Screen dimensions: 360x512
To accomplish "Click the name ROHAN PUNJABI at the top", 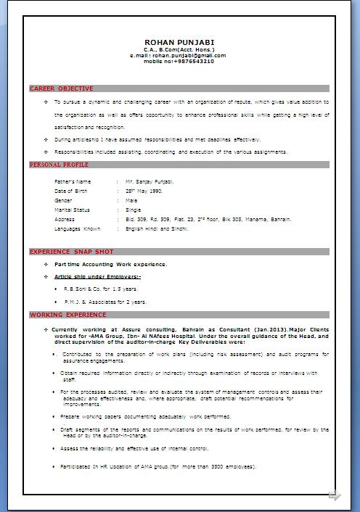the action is pyautogui.click(x=179, y=42).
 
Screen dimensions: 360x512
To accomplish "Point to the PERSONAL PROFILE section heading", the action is pyautogui.click(x=59, y=165).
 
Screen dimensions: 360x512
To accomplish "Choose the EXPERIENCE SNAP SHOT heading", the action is pyautogui.click(x=71, y=252).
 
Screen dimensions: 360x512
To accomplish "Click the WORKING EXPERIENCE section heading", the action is pyautogui.click(x=67, y=315).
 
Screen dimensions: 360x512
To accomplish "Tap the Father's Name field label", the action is pyautogui.click(x=73, y=181).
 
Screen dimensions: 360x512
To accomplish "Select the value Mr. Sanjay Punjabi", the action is pyautogui.click(x=150, y=181).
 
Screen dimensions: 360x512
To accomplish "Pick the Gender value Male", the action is pyautogui.click(x=131, y=200).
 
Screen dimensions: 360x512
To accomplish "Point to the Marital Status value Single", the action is pyautogui.click(x=134, y=210).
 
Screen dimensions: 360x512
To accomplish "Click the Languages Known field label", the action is pyautogui.click(x=78, y=228).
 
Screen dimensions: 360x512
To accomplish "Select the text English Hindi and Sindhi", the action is pyautogui.click(x=156, y=228).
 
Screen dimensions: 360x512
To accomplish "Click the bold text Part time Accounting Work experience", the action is pyautogui.click(x=110, y=264).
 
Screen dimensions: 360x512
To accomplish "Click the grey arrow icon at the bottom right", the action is pyautogui.click(x=335, y=495).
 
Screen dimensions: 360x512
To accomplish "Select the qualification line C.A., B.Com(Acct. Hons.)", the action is pyautogui.click(x=179, y=49).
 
